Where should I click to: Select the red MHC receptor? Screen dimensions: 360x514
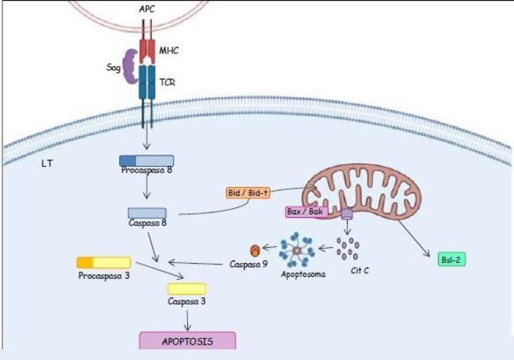pyautogui.click(x=147, y=50)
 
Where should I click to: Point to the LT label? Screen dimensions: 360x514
pyautogui.click(x=48, y=163)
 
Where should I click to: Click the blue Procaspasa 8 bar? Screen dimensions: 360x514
pyautogui.click(x=147, y=161)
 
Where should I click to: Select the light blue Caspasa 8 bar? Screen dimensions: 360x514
pyautogui.click(x=147, y=213)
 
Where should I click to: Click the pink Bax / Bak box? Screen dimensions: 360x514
pyautogui.click(x=307, y=212)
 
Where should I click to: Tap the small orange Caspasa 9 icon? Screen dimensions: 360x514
pyautogui.click(x=254, y=250)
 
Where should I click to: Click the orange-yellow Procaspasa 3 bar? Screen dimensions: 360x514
pyautogui.click(x=103, y=262)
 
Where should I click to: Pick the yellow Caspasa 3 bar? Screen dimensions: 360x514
pyautogui.click(x=187, y=288)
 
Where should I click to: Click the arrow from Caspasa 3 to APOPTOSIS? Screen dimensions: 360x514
pyautogui.click(x=187, y=317)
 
